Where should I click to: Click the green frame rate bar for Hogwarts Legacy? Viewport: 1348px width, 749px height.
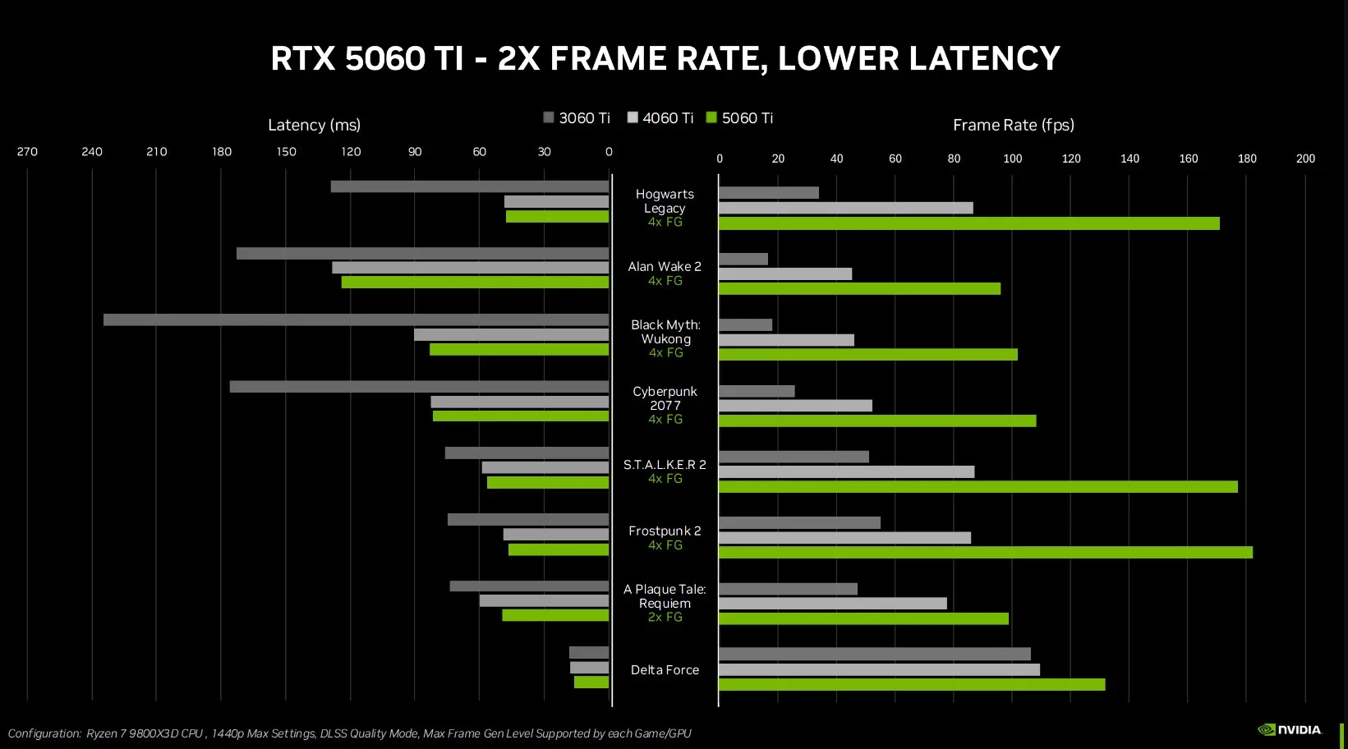[968, 223]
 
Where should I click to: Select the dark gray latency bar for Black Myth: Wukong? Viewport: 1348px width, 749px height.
[356, 319]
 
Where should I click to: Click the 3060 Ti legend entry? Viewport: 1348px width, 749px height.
[577, 118]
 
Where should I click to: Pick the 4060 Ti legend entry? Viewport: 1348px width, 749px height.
[660, 118]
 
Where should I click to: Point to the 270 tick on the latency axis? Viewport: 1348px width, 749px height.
[27, 152]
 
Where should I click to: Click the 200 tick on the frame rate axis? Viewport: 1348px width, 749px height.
[1304, 159]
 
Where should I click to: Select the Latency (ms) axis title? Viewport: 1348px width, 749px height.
[314, 125]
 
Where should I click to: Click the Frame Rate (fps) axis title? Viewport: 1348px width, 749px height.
[1013, 125]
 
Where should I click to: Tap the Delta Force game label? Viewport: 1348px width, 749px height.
[665, 670]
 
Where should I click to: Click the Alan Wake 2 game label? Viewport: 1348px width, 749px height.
[665, 267]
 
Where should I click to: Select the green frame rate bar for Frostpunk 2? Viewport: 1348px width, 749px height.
[985, 553]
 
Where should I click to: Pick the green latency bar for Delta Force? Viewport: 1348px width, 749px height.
[591, 682]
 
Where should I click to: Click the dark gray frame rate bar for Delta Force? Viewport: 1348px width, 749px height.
[874, 654]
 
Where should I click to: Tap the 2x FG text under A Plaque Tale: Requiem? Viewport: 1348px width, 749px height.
[665, 618]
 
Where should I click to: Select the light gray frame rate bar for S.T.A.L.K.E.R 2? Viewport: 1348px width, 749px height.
[846, 472]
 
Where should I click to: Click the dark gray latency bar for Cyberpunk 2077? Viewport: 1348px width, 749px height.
[419, 387]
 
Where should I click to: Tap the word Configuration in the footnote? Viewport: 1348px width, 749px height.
[44, 733]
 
